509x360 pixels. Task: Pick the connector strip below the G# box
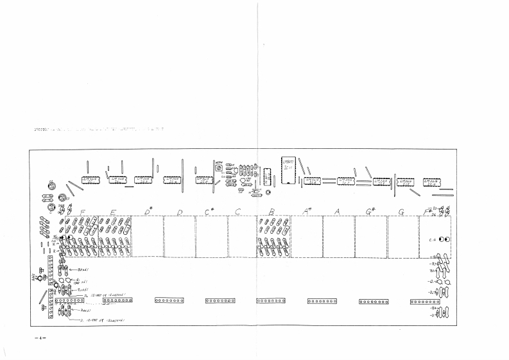(374, 300)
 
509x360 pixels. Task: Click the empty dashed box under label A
(339, 236)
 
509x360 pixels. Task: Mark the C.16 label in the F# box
(433, 239)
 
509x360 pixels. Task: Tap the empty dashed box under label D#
(148, 236)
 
